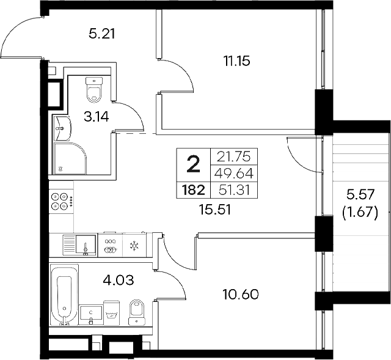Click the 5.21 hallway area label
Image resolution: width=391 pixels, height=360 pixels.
click(x=102, y=34)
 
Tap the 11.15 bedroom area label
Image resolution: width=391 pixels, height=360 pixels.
click(x=238, y=61)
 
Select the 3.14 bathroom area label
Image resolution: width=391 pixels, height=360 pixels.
click(x=97, y=117)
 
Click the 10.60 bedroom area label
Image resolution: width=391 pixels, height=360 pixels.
click(x=242, y=294)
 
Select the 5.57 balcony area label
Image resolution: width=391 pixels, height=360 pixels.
click(x=360, y=197)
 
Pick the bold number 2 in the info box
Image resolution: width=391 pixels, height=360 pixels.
click(x=193, y=164)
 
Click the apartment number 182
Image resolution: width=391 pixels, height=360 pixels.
click(x=192, y=190)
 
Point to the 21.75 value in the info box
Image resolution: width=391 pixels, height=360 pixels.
click(x=234, y=156)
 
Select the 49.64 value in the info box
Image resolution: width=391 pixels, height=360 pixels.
click(x=234, y=172)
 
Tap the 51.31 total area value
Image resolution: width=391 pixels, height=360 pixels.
click(x=234, y=190)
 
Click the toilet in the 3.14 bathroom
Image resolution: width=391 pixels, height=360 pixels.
click(x=93, y=89)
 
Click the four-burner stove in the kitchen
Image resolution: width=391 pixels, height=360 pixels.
click(x=60, y=202)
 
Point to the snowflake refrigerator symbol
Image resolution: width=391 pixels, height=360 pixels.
click(x=134, y=246)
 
